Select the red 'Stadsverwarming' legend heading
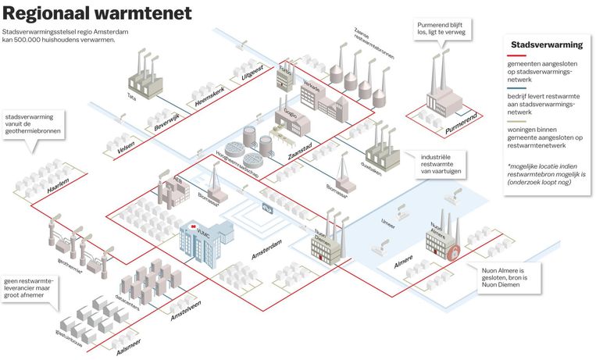(x=543, y=45)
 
